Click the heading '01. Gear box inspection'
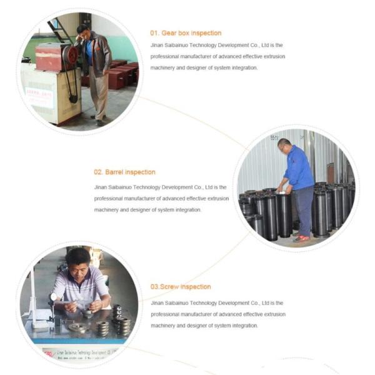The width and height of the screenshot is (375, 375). point(186,33)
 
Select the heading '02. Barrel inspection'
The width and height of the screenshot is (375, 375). point(124,172)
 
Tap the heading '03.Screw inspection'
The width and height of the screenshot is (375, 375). point(181,286)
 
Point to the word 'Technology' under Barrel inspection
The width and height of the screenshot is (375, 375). point(146,187)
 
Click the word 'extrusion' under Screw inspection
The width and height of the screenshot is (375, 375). point(275,314)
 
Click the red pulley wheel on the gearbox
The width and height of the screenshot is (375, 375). point(71,54)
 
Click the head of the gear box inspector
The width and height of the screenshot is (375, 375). point(83,31)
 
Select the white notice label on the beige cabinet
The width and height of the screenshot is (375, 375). point(39,98)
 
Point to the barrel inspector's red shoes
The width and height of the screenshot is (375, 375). point(301,238)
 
